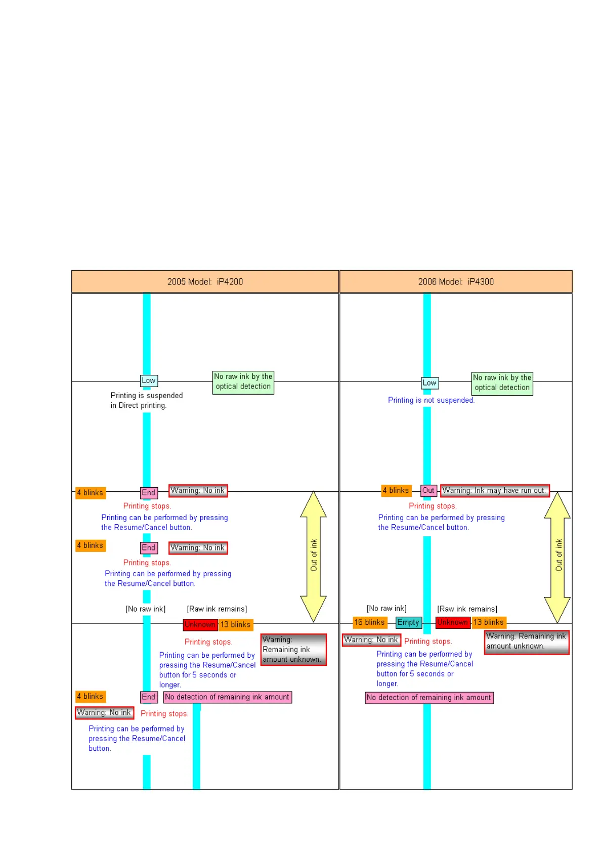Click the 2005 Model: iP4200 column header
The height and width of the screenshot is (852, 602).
[205, 282]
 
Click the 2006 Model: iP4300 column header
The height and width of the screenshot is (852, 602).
[455, 282]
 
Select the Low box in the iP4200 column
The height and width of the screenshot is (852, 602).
[149, 380]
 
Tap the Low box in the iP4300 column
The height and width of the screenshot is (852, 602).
[429, 383]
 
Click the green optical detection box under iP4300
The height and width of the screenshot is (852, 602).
[502, 383]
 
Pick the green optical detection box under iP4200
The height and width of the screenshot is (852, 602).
[243, 381]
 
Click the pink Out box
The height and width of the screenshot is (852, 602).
[428, 490]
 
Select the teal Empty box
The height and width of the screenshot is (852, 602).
[408, 622]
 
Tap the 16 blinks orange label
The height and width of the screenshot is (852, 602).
[369, 622]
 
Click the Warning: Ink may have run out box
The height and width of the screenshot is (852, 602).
[494, 490]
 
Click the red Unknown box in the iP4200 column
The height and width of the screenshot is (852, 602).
[200, 625]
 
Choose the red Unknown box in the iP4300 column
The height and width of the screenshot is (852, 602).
[452, 622]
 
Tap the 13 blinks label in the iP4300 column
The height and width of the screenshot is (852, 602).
[488, 622]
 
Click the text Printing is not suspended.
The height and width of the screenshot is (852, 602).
[431, 400]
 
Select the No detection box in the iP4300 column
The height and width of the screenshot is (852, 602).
[429, 698]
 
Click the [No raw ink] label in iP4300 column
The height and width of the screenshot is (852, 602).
[386, 609]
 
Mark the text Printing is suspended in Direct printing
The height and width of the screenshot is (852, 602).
[146, 400]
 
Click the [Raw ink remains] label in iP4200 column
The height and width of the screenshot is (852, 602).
[217, 609]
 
